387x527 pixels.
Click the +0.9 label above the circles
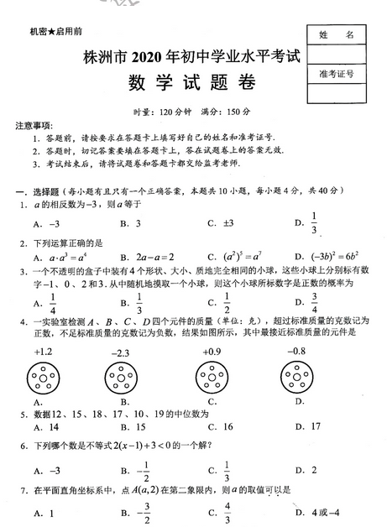[212, 352]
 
